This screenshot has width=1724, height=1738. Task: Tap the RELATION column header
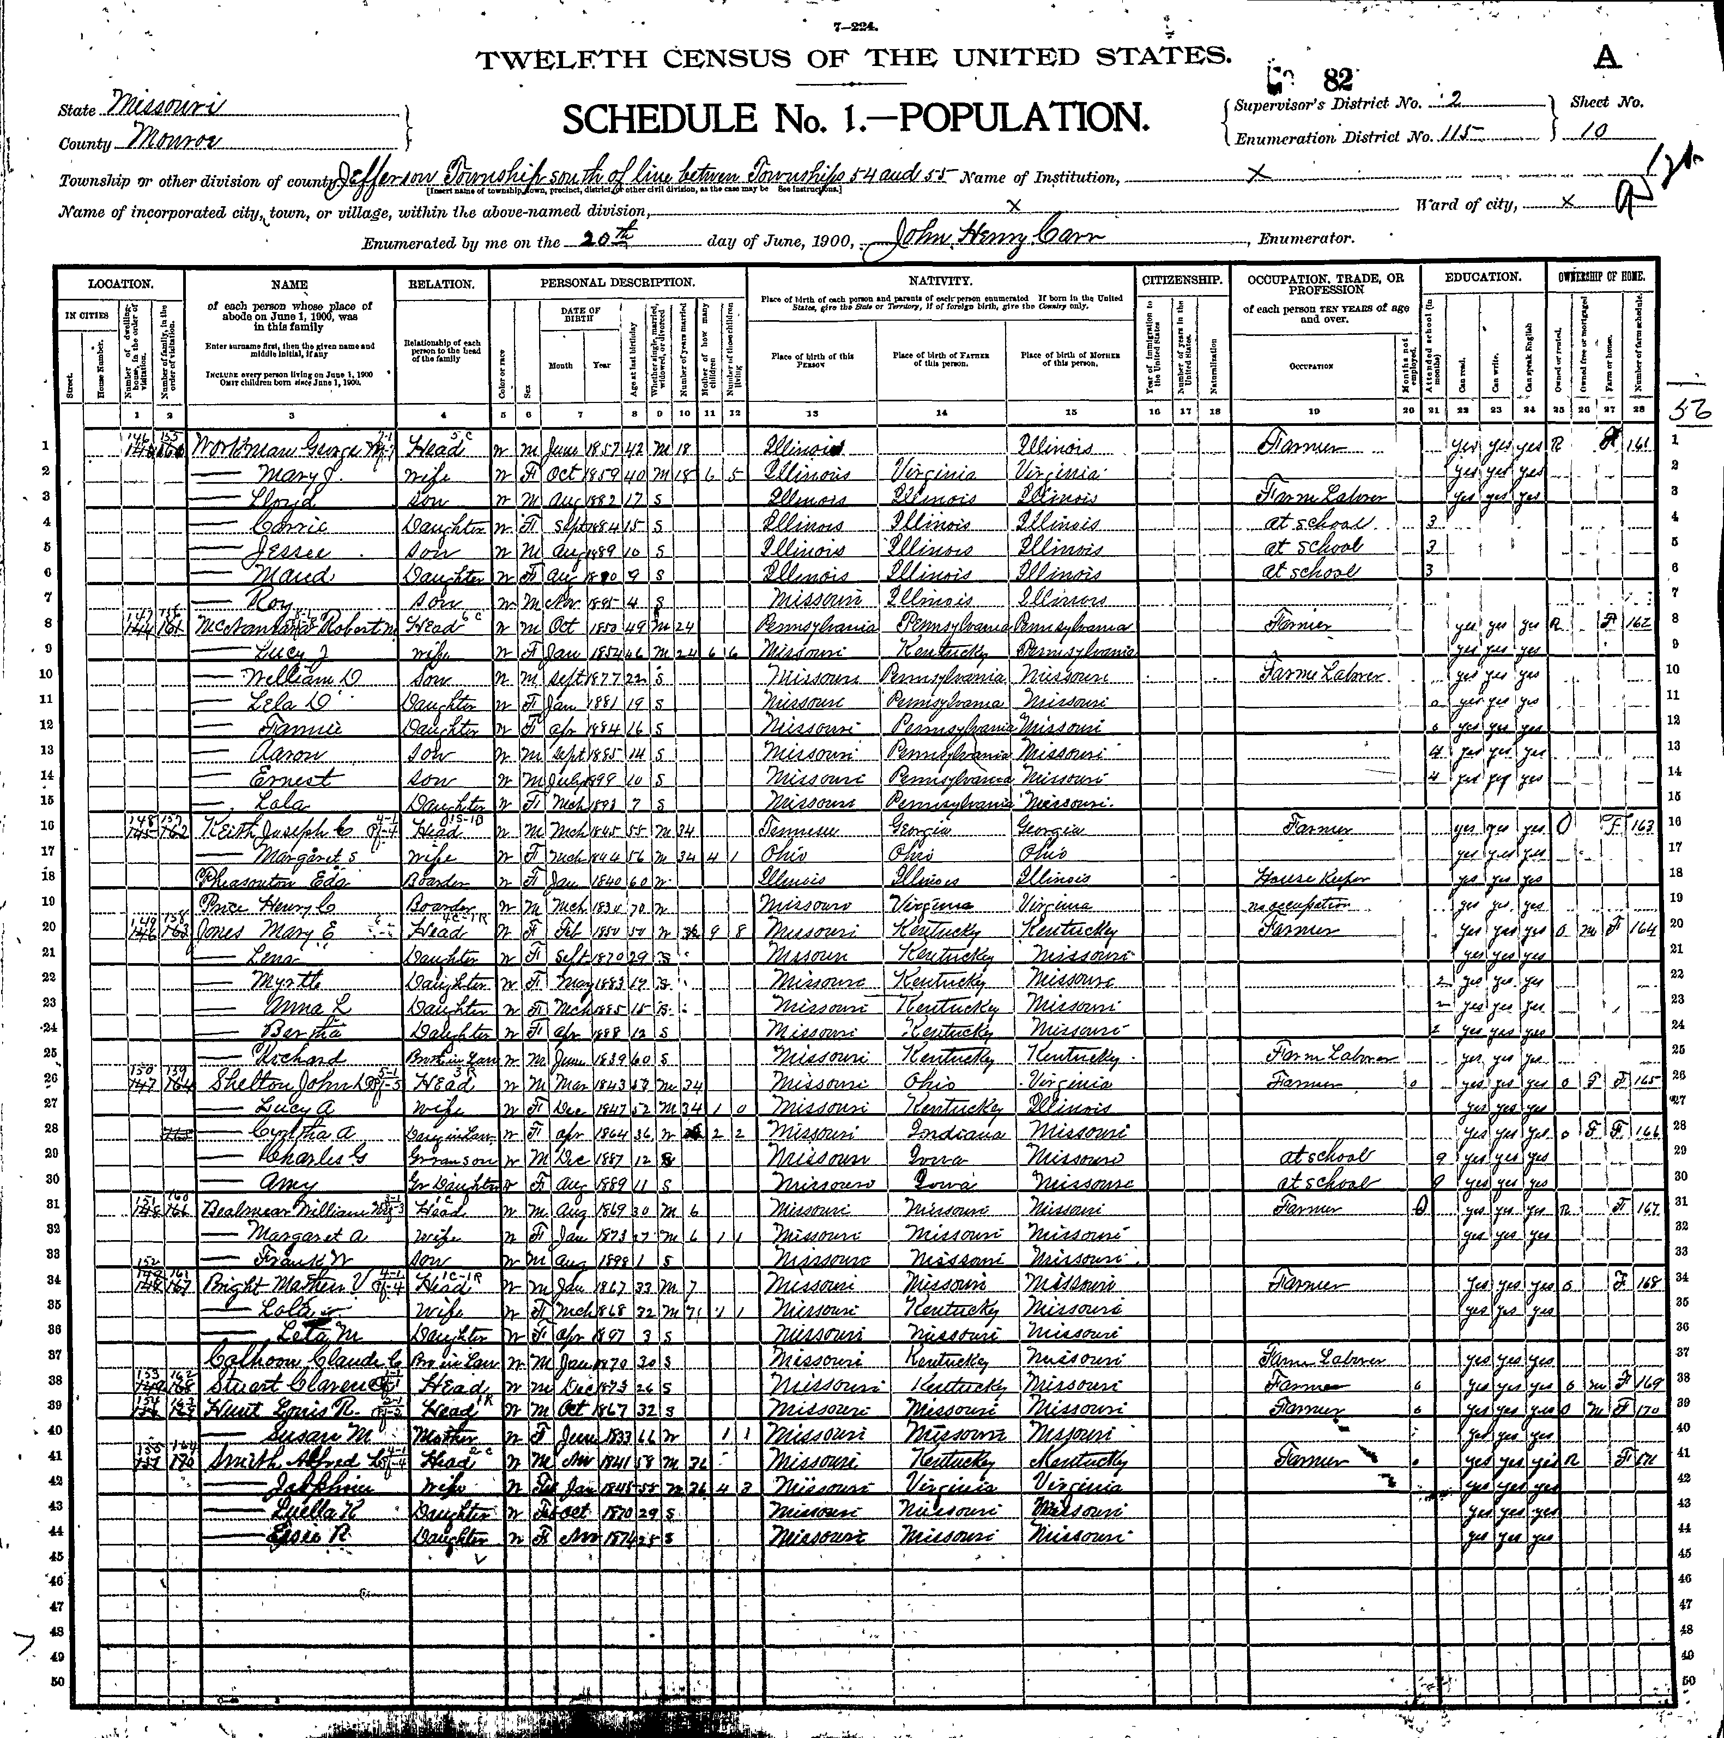[x=441, y=284]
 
